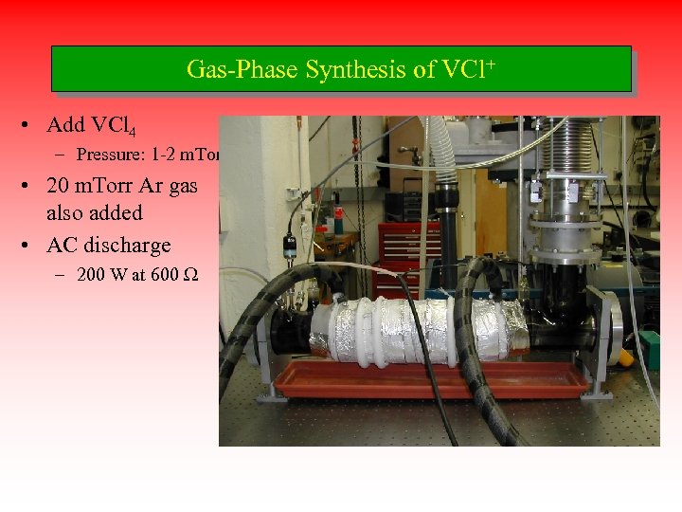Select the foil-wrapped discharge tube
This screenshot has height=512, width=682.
pyautogui.click(x=417, y=327)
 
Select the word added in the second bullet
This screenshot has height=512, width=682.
pyautogui.click(x=111, y=212)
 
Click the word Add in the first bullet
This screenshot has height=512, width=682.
pyautogui.click(x=64, y=125)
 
